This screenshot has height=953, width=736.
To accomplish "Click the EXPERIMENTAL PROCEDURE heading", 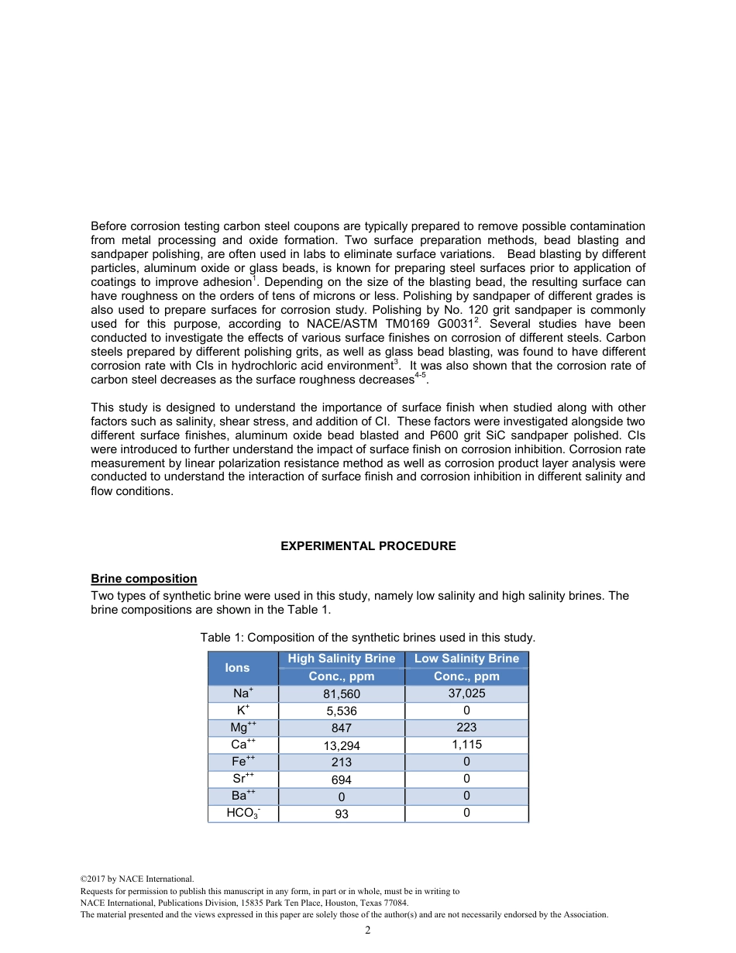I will [x=367, y=546].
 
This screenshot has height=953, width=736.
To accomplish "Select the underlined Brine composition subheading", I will [x=143, y=579].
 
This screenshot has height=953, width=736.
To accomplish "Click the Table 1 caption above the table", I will [x=367, y=638].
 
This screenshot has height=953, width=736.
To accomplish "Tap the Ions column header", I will [x=237, y=667].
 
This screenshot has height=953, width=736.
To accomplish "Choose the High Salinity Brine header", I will [x=341, y=659].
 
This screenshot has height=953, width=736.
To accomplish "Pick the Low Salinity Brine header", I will [x=466, y=659].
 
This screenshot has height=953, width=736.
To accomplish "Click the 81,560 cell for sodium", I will [x=341, y=694].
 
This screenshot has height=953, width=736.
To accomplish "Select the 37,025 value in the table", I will [x=466, y=693].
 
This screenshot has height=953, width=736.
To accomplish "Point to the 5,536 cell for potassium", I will [x=341, y=711].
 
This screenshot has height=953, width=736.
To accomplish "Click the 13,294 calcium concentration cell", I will [x=341, y=745].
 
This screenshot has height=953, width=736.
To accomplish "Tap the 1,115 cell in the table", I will [x=466, y=745].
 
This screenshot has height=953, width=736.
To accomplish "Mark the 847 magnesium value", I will [x=341, y=728].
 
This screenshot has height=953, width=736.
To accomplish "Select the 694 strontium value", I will [x=341, y=779].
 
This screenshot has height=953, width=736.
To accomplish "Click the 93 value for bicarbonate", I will [x=341, y=814].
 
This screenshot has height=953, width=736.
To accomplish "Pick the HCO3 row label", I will [x=242, y=814].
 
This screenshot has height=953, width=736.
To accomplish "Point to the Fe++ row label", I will [x=242, y=762].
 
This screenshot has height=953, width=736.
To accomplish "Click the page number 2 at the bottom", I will [x=367, y=931].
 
